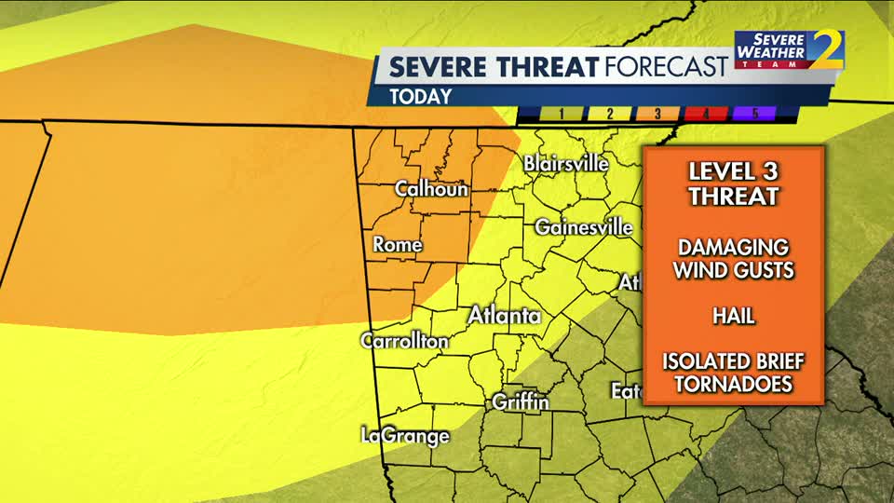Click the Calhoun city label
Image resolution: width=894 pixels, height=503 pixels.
tap(431, 188)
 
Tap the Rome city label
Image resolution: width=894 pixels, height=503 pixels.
tap(398, 245)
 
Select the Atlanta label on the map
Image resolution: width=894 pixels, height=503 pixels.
tap(504, 315)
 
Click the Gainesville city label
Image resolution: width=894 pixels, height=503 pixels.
tap(584, 226)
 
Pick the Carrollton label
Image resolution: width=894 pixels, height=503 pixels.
tap(405, 341)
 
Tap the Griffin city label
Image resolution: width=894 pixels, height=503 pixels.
tap(521, 402)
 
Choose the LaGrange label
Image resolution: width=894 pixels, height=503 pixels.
tap(406, 435)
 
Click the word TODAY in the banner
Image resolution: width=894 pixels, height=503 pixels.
tap(421, 96)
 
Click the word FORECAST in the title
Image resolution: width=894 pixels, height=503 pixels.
tap(666, 67)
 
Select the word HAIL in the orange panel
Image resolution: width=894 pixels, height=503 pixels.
tap(733, 316)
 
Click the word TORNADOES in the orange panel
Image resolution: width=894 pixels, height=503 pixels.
tap(733, 384)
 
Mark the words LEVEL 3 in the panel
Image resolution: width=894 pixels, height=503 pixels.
tap(733, 172)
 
